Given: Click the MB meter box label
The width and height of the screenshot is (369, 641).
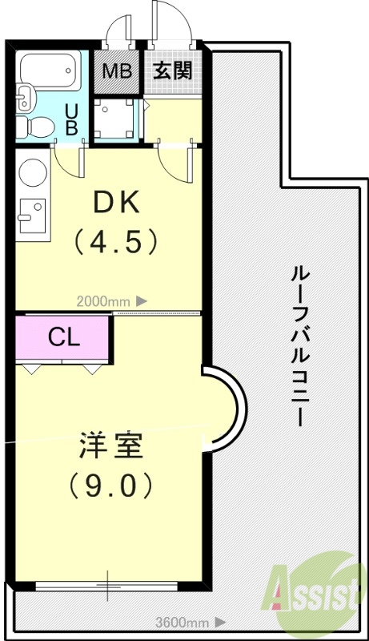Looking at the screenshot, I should pyautogui.click(x=116, y=71).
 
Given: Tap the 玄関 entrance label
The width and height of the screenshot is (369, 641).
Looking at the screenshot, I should pyautogui.click(x=172, y=71).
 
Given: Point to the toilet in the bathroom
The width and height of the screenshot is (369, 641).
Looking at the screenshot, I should pyautogui.click(x=38, y=125).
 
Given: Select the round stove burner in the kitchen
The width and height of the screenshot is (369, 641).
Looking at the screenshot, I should pyautogui.click(x=32, y=173).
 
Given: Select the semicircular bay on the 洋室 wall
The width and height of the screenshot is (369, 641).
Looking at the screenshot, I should pyautogui.click(x=223, y=409).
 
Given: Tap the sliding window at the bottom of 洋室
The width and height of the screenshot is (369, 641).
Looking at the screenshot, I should pyautogui.click(x=108, y=586).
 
